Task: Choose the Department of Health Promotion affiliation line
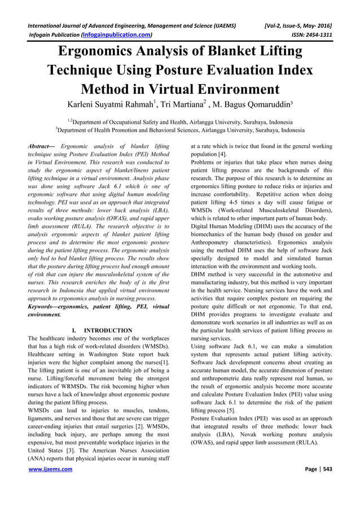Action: click(x=180, y=130)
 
